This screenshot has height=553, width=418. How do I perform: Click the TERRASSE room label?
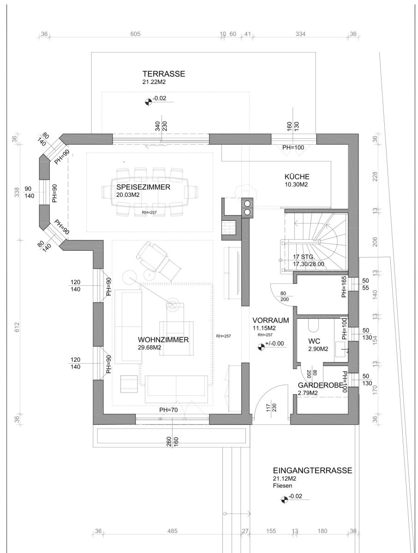164,74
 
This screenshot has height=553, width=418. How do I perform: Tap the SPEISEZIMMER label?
143,187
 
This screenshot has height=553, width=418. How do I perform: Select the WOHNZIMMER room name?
163,340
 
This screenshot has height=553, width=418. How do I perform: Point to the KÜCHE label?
297,176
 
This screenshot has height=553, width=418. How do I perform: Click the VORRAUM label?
270,320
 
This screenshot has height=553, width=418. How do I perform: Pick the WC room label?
314,341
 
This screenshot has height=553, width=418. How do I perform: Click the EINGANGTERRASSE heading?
312,471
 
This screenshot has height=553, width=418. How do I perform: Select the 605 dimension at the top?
135,34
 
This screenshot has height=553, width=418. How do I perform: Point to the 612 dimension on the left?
17,327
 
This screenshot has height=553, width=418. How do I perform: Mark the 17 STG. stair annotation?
304,257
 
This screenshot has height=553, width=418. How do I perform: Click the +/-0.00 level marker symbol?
261,347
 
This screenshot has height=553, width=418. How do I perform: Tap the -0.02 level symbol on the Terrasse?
148,102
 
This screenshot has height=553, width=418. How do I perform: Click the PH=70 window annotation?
168,410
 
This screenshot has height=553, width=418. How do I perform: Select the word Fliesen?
282,485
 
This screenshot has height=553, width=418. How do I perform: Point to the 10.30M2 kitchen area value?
296,184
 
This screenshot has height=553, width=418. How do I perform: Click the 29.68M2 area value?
149,347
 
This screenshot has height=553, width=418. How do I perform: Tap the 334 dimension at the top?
300,34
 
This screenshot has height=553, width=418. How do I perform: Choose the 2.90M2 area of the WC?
318,349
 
